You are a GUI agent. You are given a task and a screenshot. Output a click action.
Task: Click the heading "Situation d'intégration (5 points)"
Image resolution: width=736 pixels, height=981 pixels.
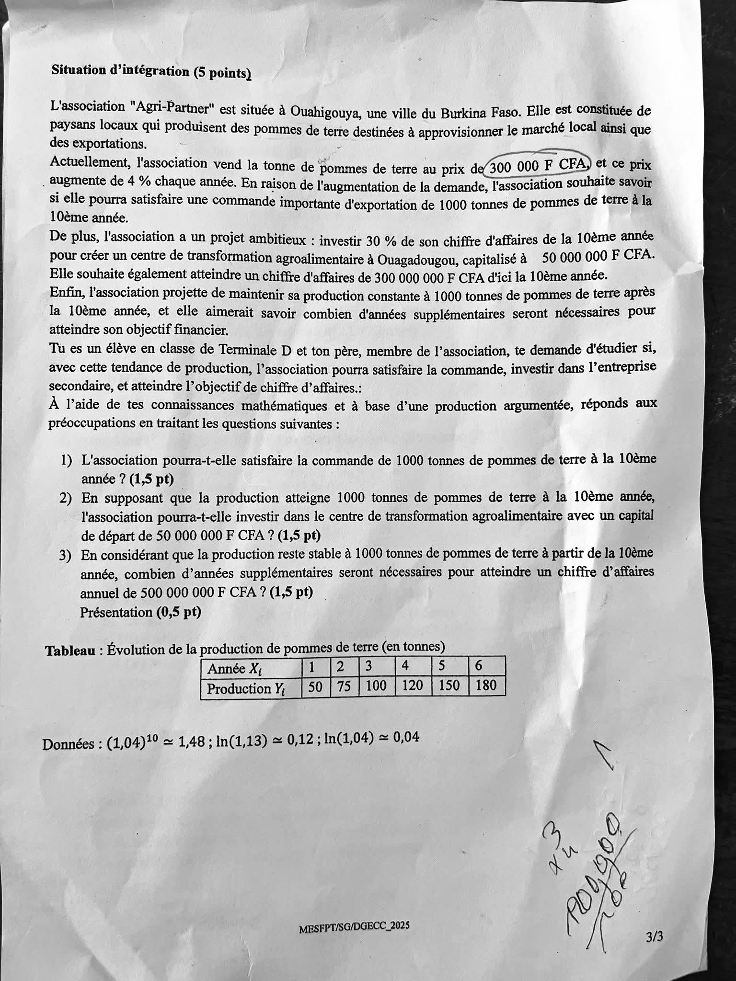[x=151, y=71]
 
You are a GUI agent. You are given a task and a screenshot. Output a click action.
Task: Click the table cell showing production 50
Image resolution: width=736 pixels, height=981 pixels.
[x=315, y=687]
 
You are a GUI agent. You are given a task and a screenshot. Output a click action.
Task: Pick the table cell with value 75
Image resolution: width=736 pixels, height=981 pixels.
[x=344, y=687]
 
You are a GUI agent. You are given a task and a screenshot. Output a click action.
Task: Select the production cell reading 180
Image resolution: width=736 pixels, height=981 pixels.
[x=486, y=685]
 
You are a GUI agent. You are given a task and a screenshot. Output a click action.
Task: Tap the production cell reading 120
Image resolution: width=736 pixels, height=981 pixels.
[x=412, y=686]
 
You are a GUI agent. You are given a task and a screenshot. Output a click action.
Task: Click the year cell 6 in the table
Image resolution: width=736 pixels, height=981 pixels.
[x=479, y=665]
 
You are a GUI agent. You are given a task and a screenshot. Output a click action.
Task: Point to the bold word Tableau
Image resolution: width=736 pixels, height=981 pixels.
[x=70, y=650]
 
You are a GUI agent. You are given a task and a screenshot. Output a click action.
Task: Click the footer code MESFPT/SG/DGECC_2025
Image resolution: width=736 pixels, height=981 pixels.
[x=354, y=926]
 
